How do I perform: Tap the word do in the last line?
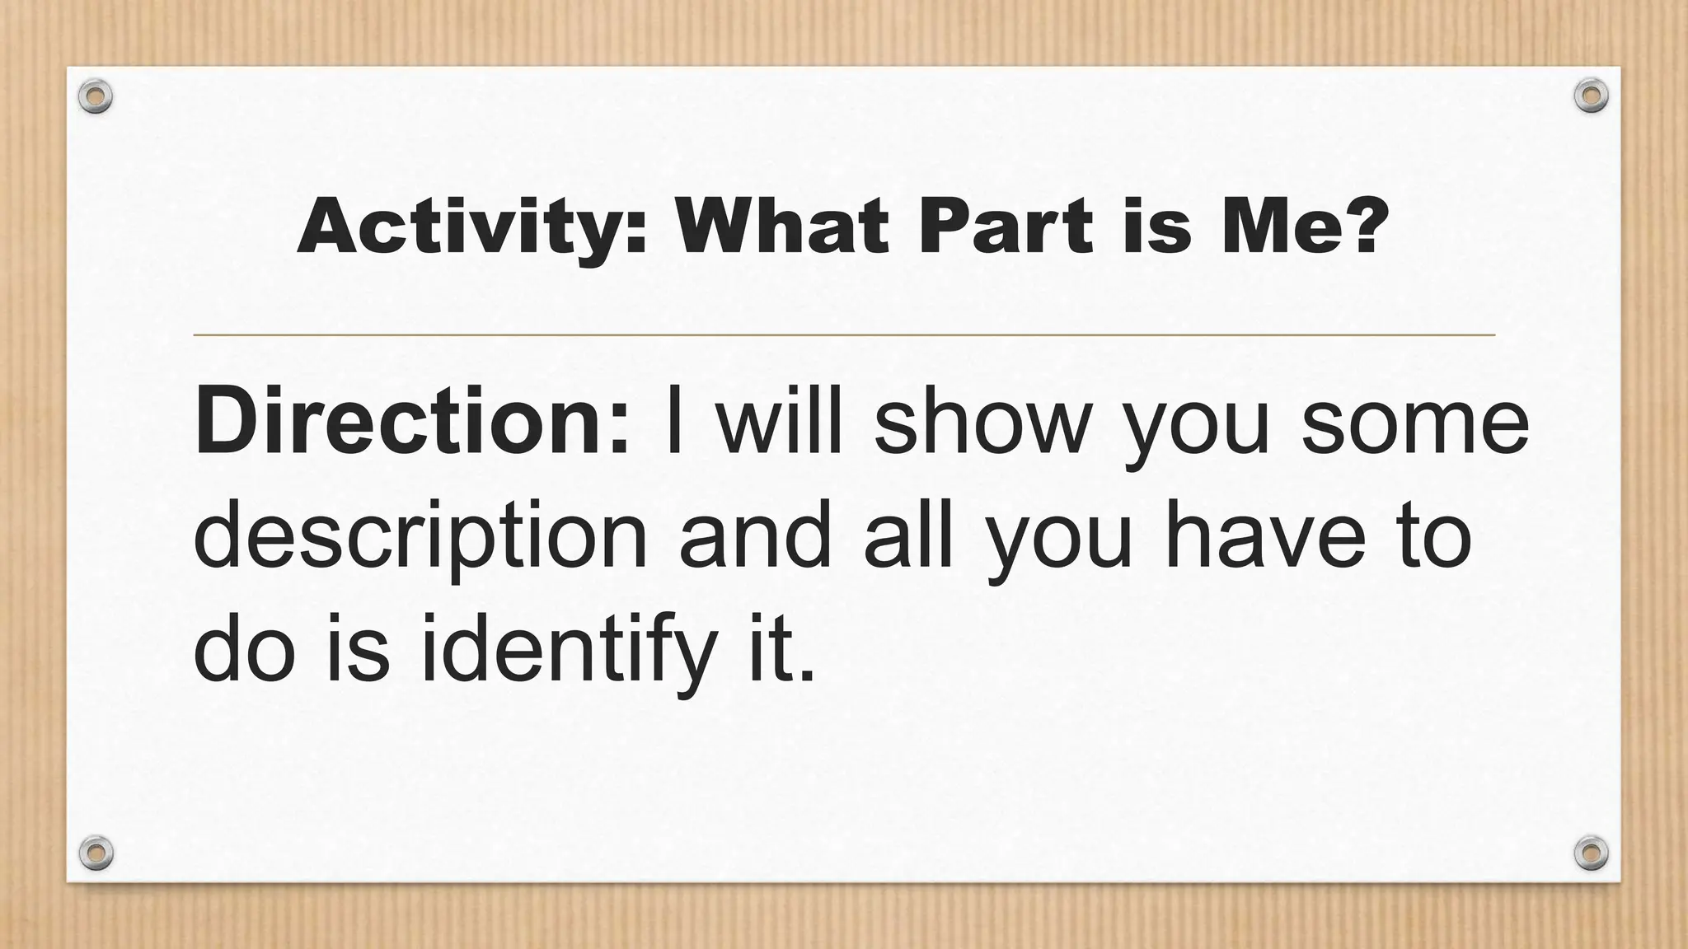coord(244,651)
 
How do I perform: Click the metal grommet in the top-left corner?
coord(96,96)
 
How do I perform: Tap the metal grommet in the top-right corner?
coord(1591,96)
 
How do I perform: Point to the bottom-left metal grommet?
coord(96,851)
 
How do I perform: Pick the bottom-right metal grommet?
coord(1591,851)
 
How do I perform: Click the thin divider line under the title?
coord(844,335)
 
